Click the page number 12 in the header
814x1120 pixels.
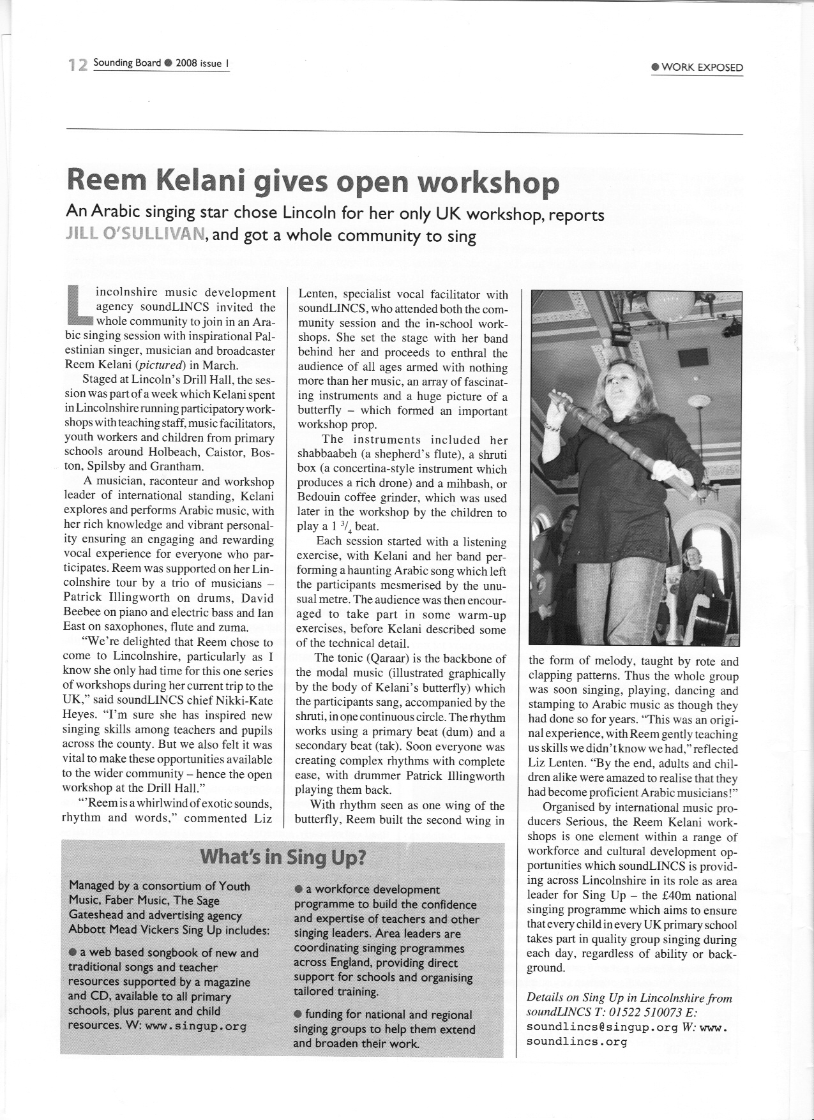click(79, 64)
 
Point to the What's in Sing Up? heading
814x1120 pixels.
click(283, 856)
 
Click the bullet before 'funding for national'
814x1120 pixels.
click(298, 1015)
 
